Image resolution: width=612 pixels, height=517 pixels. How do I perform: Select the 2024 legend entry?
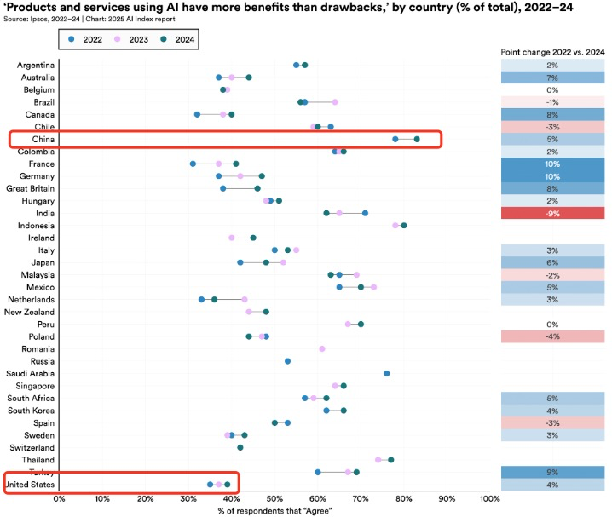tap(174, 39)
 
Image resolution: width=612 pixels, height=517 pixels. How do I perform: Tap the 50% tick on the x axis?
tap(274, 498)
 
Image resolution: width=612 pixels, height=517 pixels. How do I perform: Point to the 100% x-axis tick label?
tap(490, 498)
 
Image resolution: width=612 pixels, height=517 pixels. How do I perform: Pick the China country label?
tap(43, 139)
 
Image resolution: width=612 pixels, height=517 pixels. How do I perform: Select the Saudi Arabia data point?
tap(387, 373)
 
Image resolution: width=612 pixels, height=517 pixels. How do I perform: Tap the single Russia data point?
tap(287, 361)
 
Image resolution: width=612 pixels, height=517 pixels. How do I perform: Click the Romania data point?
tap(322, 348)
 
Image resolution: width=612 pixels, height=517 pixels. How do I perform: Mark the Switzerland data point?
tap(240, 447)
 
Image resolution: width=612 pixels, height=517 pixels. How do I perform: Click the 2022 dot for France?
tap(193, 164)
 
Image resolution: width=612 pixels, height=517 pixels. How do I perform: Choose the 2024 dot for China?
tap(417, 139)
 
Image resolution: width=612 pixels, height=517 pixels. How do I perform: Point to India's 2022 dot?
tap(366, 213)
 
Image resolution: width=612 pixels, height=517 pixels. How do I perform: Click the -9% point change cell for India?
tap(552, 213)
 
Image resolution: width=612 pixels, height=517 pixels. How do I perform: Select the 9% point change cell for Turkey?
tap(552, 473)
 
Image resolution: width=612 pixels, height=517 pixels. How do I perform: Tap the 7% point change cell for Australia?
tap(552, 78)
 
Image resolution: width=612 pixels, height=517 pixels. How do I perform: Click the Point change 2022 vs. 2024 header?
tap(552, 52)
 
